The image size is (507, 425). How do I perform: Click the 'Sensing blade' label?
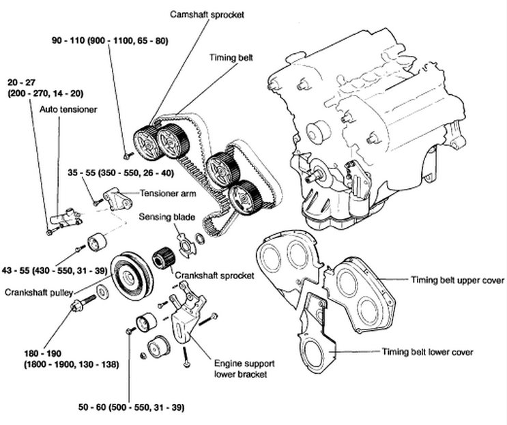pos(168,218)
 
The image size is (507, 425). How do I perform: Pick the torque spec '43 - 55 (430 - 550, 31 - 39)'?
pos(54,271)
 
